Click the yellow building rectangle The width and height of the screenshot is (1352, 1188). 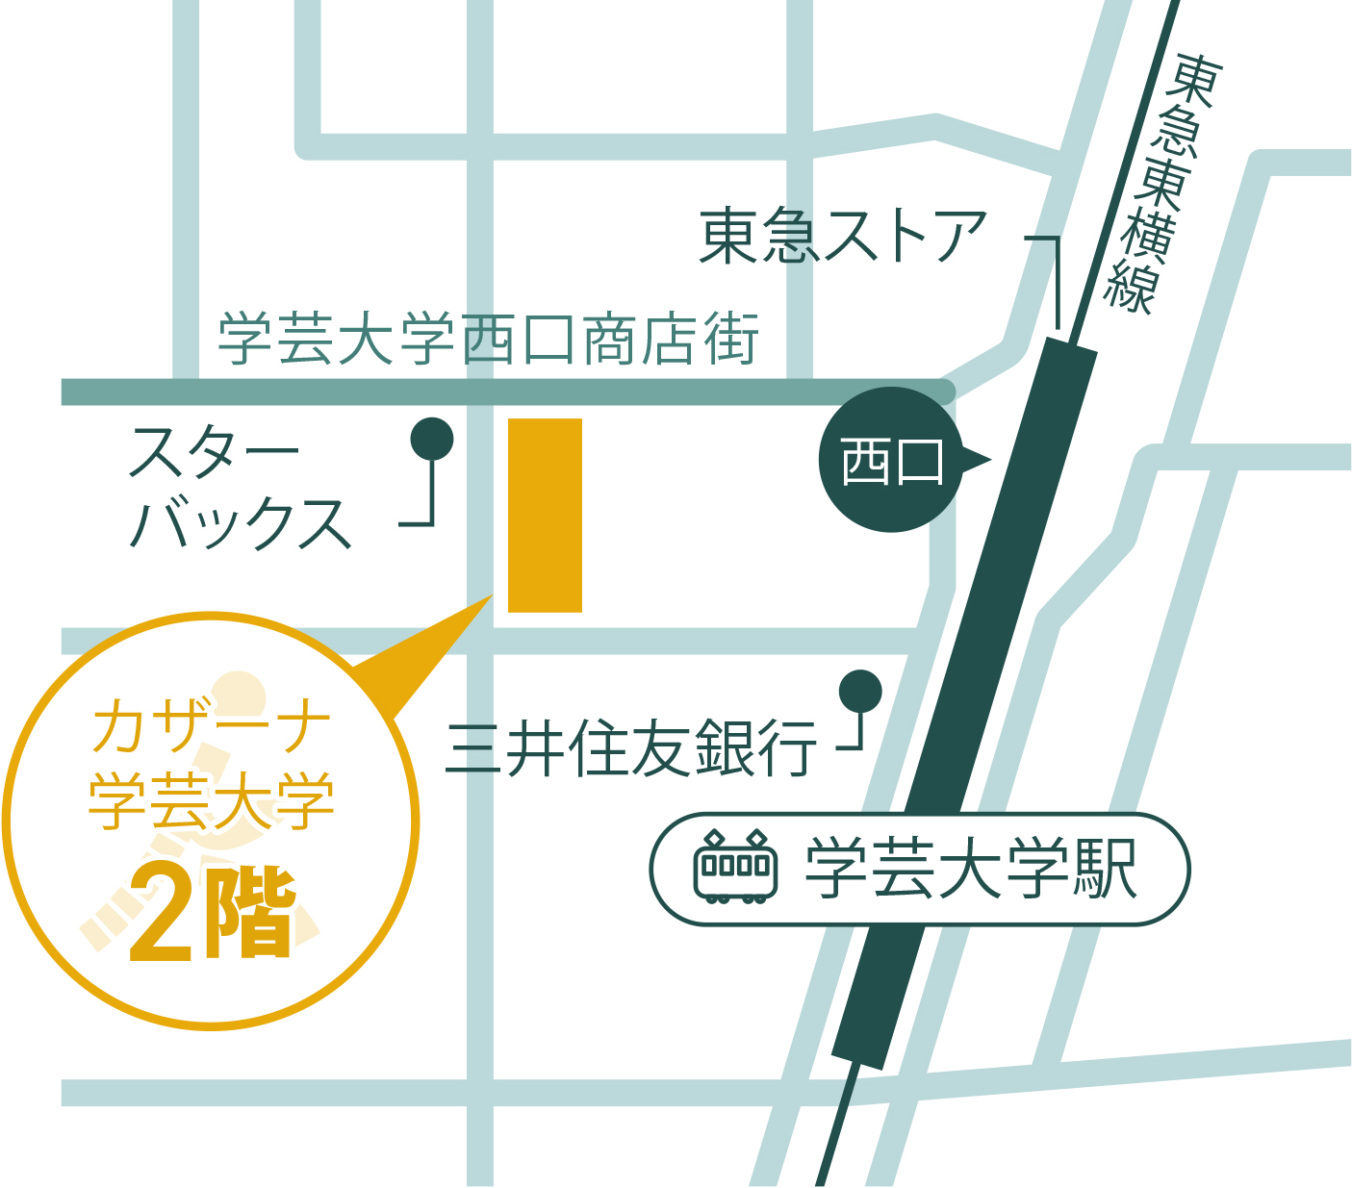tap(545, 515)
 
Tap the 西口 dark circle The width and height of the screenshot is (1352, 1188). tap(890, 460)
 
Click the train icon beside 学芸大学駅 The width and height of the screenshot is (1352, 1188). tap(735, 867)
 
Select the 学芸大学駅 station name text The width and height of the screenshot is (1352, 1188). tap(972, 870)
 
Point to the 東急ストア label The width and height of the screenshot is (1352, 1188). tap(843, 237)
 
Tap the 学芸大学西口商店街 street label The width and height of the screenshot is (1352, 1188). tap(489, 339)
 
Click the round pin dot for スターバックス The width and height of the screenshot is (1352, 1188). tap(431, 440)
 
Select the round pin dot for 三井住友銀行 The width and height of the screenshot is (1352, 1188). tap(859, 691)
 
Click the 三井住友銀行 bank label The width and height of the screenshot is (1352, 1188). tap(631, 748)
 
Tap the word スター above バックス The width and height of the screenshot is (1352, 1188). tap(214, 452)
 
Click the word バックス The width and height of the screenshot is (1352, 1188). tap(241, 524)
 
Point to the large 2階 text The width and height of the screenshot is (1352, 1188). tap(213, 914)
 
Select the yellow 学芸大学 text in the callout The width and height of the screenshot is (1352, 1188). tap(212, 800)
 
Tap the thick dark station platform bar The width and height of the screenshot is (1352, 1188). tap(962, 702)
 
